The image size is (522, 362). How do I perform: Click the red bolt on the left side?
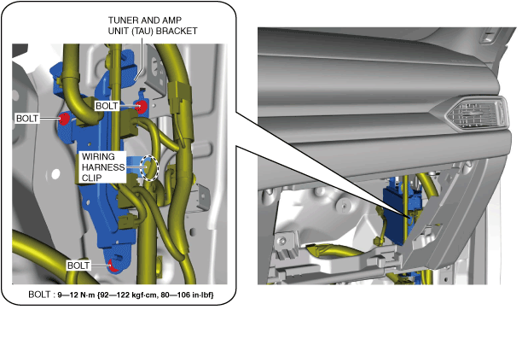click(x=64, y=119)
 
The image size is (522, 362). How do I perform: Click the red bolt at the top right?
click(x=142, y=107)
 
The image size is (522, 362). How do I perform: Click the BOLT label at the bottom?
click(x=79, y=266)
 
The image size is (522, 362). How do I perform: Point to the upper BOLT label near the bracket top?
click(x=108, y=106)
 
